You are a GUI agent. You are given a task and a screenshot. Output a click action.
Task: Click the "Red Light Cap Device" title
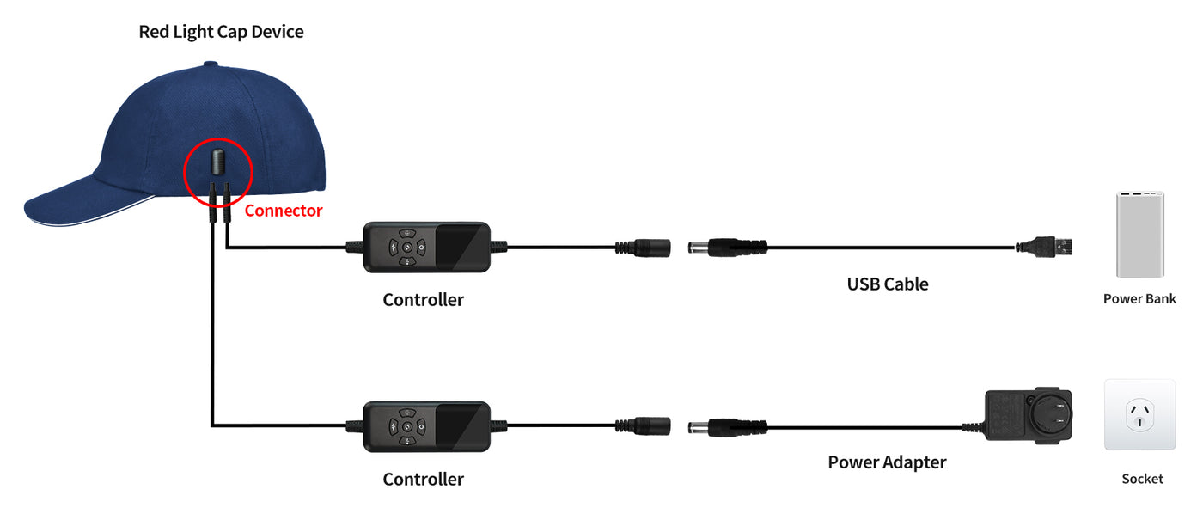[221, 32]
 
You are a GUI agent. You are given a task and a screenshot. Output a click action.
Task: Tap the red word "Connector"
[284, 211]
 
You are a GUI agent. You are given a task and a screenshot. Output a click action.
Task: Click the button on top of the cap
[211, 64]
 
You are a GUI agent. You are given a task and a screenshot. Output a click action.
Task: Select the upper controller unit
[426, 248]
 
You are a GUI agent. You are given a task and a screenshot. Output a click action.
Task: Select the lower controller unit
[426, 425]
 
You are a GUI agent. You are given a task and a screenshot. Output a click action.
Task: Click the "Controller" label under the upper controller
[423, 300]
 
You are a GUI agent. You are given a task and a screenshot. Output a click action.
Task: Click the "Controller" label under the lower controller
[423, 479]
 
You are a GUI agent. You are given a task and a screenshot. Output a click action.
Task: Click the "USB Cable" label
[888, 284]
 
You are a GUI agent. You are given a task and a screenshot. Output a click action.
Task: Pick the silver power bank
[1139, 234]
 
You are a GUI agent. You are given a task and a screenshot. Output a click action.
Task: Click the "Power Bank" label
[1139, 299]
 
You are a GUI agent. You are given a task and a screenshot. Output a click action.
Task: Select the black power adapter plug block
[1028, 418]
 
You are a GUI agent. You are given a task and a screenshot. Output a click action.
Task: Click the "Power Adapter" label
[887, 462]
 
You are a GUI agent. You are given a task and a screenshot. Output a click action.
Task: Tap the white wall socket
[1139, 414]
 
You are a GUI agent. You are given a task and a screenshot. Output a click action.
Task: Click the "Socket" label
[1142, 479]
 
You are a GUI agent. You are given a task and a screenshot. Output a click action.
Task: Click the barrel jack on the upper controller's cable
[644, 248]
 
